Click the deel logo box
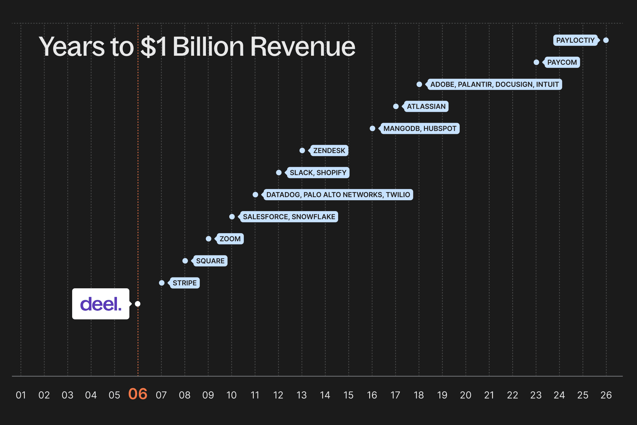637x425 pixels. click(x=100, y=304)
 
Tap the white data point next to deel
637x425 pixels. click(x=137, y=304)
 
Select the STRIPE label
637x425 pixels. click(x=184, y=283)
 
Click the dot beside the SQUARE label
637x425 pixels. click(x=185, y=261)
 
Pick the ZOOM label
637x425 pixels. click(x=230, y=239)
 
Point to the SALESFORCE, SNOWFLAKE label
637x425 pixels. click(x=289, y=217)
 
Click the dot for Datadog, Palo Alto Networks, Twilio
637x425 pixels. click(x=255, y=195)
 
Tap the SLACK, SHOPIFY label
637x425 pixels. click(x=318, y=172)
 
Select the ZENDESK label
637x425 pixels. click(x=329, y=150)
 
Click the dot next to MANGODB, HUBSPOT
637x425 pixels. click(x=372, y=128)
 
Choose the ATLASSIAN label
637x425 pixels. click(x=426, y=106)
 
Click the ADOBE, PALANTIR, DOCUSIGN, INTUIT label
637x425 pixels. click(x=494, y=84)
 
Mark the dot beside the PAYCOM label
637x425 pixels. click(x=536, y=62)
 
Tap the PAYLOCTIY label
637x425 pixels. click(x=575, y=40)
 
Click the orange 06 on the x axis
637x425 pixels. click(x=138, y=394)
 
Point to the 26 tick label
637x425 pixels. click(x=606, y=395)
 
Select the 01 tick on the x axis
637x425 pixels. click(x=21, y=395)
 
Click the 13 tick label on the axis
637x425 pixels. click(x=302, y=395)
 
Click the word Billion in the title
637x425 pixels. click(x=208, y=47)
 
